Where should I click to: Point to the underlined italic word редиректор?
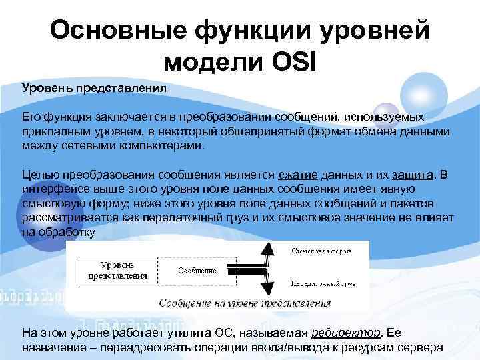[x=347, y=332]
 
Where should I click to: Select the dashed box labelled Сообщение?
[x=197, y=270]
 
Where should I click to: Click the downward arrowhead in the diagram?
[x=267, y=289]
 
